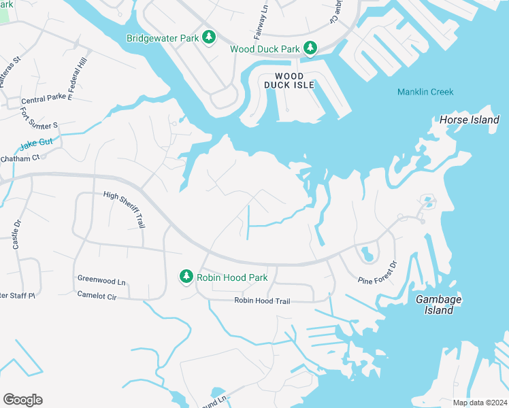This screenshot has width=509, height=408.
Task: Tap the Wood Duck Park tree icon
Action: pyautogui.click(x=310, y=48)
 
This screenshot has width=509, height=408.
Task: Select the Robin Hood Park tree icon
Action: pyautogui.click(x=186, y=277)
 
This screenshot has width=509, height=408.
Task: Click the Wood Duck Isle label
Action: pyautogui.click(x=295, y=80)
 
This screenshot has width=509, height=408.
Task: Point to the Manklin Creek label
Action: pyautogui.click(x=425, y=92)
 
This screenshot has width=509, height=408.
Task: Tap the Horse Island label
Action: pyautogui.click(x=470, y=120)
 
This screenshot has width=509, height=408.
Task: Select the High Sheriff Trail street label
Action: pyautogui.click(x=124, y=210)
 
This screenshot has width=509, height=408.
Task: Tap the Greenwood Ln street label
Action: pyautogui.click(x=101, y=280)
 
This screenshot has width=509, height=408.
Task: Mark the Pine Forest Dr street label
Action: pyautogui.click(x=376, y=272)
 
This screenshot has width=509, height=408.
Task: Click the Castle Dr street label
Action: pyautogui.click(x=16, y=233)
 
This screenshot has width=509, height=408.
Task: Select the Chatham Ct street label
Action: pyautogui.click(x=21, y=157)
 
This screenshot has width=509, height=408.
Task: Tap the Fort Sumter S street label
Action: pyautogui.click(x=39, y=118)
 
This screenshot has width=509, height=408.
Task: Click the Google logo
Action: pyautogui.click(x=22, y=399)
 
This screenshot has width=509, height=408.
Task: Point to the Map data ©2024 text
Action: pyautogui.click(x=478, y=402)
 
